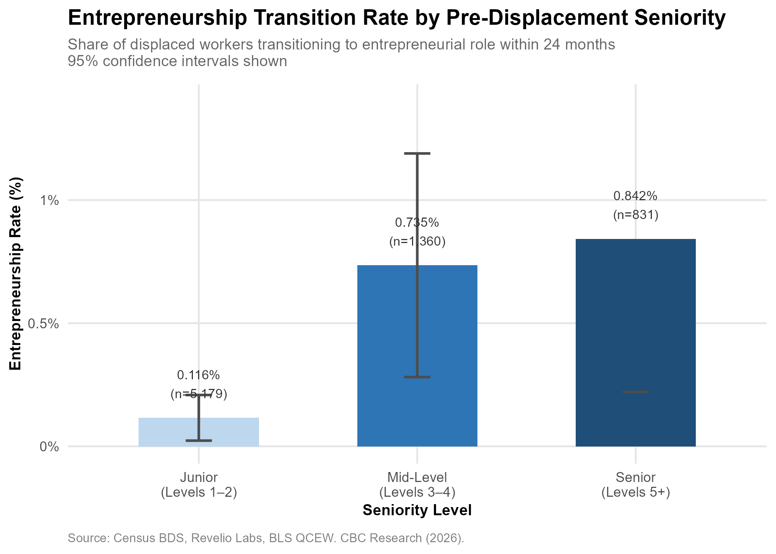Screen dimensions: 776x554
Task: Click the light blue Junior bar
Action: (199, 432)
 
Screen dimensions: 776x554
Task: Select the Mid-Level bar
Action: (417, 356)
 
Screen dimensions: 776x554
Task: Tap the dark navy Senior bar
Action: (636, 343)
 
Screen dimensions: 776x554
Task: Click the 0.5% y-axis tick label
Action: (44, 324)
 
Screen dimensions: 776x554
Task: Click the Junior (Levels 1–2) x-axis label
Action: (199, 485)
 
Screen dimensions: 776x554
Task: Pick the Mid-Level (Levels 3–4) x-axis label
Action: (417, 485)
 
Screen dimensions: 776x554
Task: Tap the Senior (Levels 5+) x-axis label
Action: (636, 485)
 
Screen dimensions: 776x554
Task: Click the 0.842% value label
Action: (636, 196)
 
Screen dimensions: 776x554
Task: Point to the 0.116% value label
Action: (198, 375)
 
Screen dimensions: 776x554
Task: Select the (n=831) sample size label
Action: (636, 215)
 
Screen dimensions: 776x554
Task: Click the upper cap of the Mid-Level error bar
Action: (417, 153)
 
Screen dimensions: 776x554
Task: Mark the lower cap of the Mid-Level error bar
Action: (417, 377)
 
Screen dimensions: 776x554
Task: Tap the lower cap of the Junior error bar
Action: (199, 440)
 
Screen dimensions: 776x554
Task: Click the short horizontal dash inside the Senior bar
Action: (636, 392)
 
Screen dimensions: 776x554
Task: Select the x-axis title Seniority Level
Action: (417, 510)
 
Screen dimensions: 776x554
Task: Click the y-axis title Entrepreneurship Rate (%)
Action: (16, 274)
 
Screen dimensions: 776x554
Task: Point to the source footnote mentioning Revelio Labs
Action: (266, 538)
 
